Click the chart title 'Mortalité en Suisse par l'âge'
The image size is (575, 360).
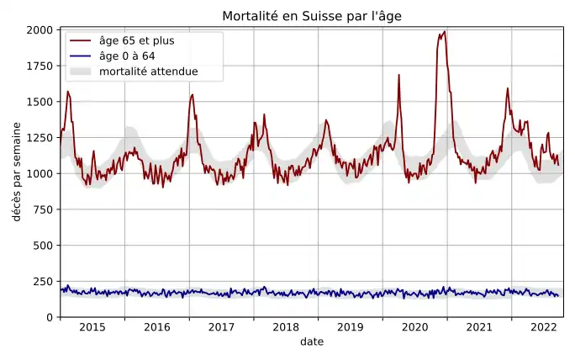[x=311, y=17]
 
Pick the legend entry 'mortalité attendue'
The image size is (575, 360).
[x=148, y=71]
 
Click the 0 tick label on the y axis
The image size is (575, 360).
[x=50, y=317]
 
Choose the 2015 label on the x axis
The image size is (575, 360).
[x=92, y=327]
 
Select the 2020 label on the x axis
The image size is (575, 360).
[x=414, y=327]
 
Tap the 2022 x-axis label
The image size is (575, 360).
[x=543, y=327]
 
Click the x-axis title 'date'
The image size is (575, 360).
[x=311, y=342]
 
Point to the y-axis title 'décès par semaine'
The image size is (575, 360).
[x=17, y=173]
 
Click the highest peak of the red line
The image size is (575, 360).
[x=444, y=32]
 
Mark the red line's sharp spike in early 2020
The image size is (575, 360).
[x=398, y=75]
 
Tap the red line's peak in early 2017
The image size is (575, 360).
[x=193, y=94]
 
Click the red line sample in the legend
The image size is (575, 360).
[x=81, y=41]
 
